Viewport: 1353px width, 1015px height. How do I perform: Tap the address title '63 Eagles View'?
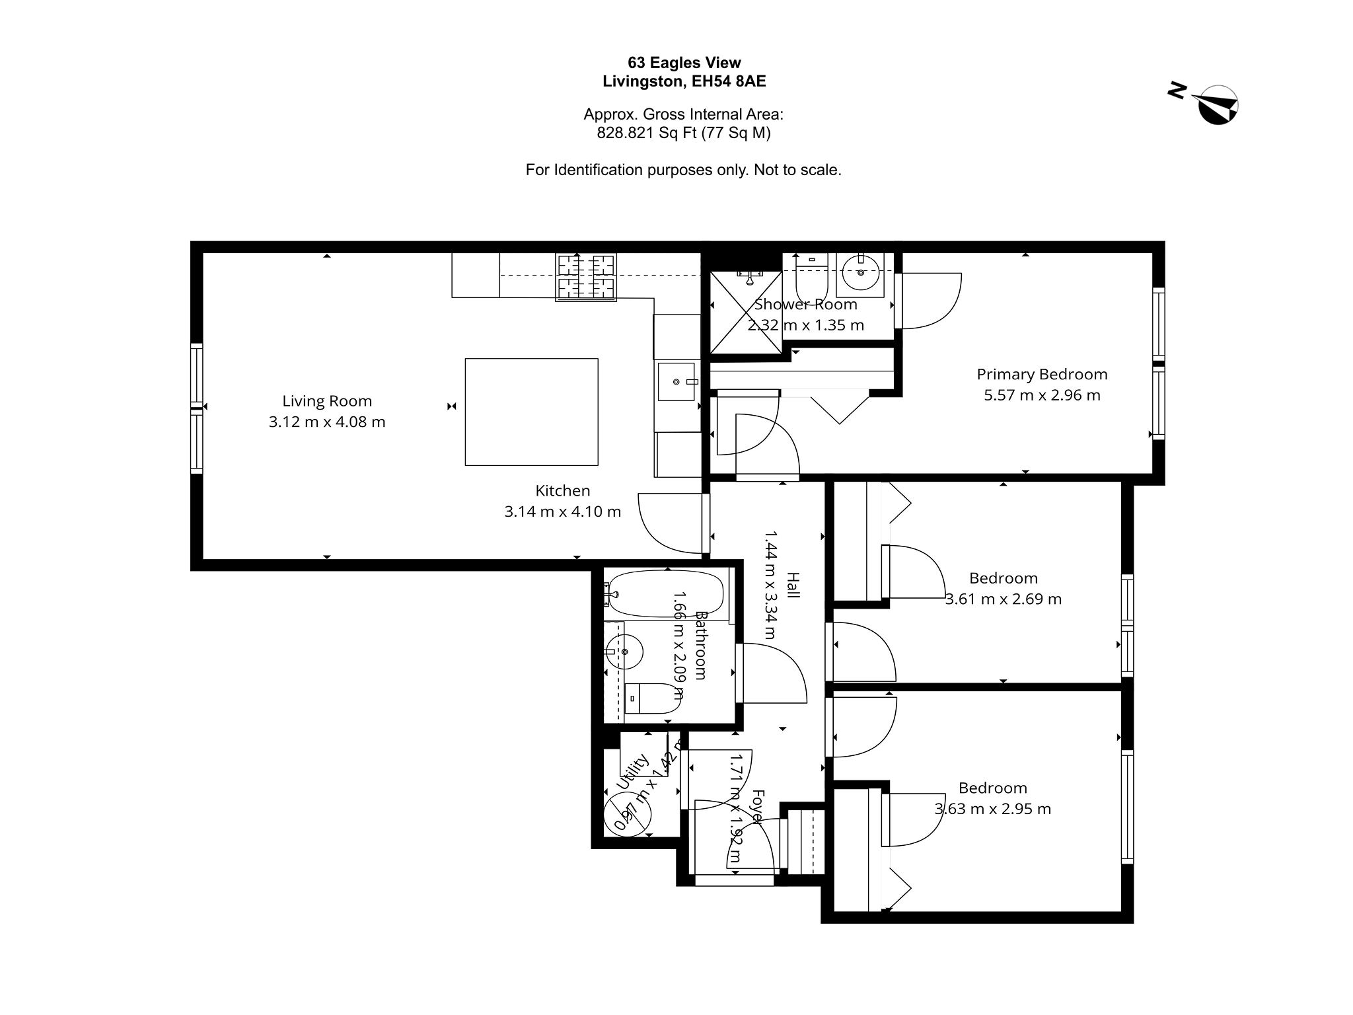(684, 63)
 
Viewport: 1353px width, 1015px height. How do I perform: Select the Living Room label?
(327, 401)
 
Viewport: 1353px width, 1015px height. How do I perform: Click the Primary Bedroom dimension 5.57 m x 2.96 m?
(1042, 395)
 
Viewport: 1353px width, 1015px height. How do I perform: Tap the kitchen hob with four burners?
(586, 278)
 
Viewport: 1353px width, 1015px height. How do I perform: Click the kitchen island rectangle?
(531, 412)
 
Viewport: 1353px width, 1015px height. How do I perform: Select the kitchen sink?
(677, 382)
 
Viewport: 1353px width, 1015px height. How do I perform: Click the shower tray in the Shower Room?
(746, 313)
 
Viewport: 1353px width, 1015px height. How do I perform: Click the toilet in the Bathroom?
(651, 698)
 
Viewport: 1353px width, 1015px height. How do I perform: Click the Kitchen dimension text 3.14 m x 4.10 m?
(562, 511)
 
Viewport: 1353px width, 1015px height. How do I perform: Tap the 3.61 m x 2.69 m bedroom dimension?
(1004, 599)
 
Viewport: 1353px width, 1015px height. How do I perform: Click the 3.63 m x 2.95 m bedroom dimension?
(993, 809)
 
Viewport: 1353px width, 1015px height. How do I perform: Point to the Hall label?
(793, 585)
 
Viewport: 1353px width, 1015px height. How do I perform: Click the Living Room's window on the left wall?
(196, 408)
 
